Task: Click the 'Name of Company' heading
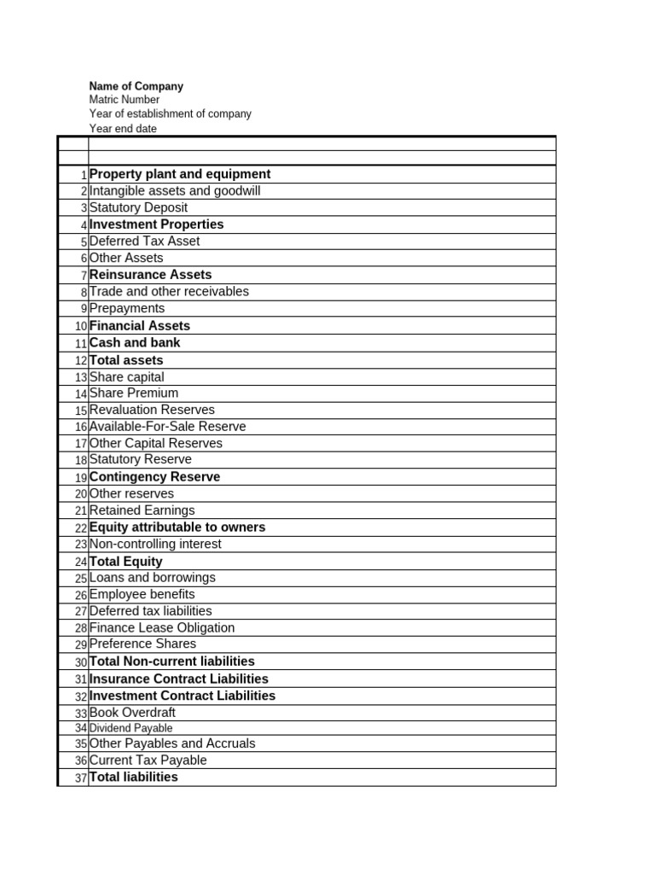(x=136, y=86)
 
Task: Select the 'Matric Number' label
(x=125, y=100)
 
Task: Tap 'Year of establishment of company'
(x=171, y=114)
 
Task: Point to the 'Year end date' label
(x=123, y=129)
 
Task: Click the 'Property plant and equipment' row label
(x=180, y=174)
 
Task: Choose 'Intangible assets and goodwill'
(x=175, y=191)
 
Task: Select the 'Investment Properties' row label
(x=157, y=224)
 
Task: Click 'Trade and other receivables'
(x=169, y=291)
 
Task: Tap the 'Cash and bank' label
(x=135, y=342)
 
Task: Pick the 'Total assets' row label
(x=126, y=360)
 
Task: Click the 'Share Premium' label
(x=134, y=393)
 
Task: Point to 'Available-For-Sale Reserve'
(x=167, y=427)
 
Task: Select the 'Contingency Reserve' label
(x=154, y=477)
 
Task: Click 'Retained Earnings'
(x=142, y=510)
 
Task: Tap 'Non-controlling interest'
(x=155, y=544)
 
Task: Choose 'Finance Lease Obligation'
(x=162, y=627)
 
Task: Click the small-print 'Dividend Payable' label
(x=130, y=728)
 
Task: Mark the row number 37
(x=81, y=778)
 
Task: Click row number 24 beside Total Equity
(x=81, y=562)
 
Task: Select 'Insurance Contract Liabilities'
(x=179, y=679)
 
